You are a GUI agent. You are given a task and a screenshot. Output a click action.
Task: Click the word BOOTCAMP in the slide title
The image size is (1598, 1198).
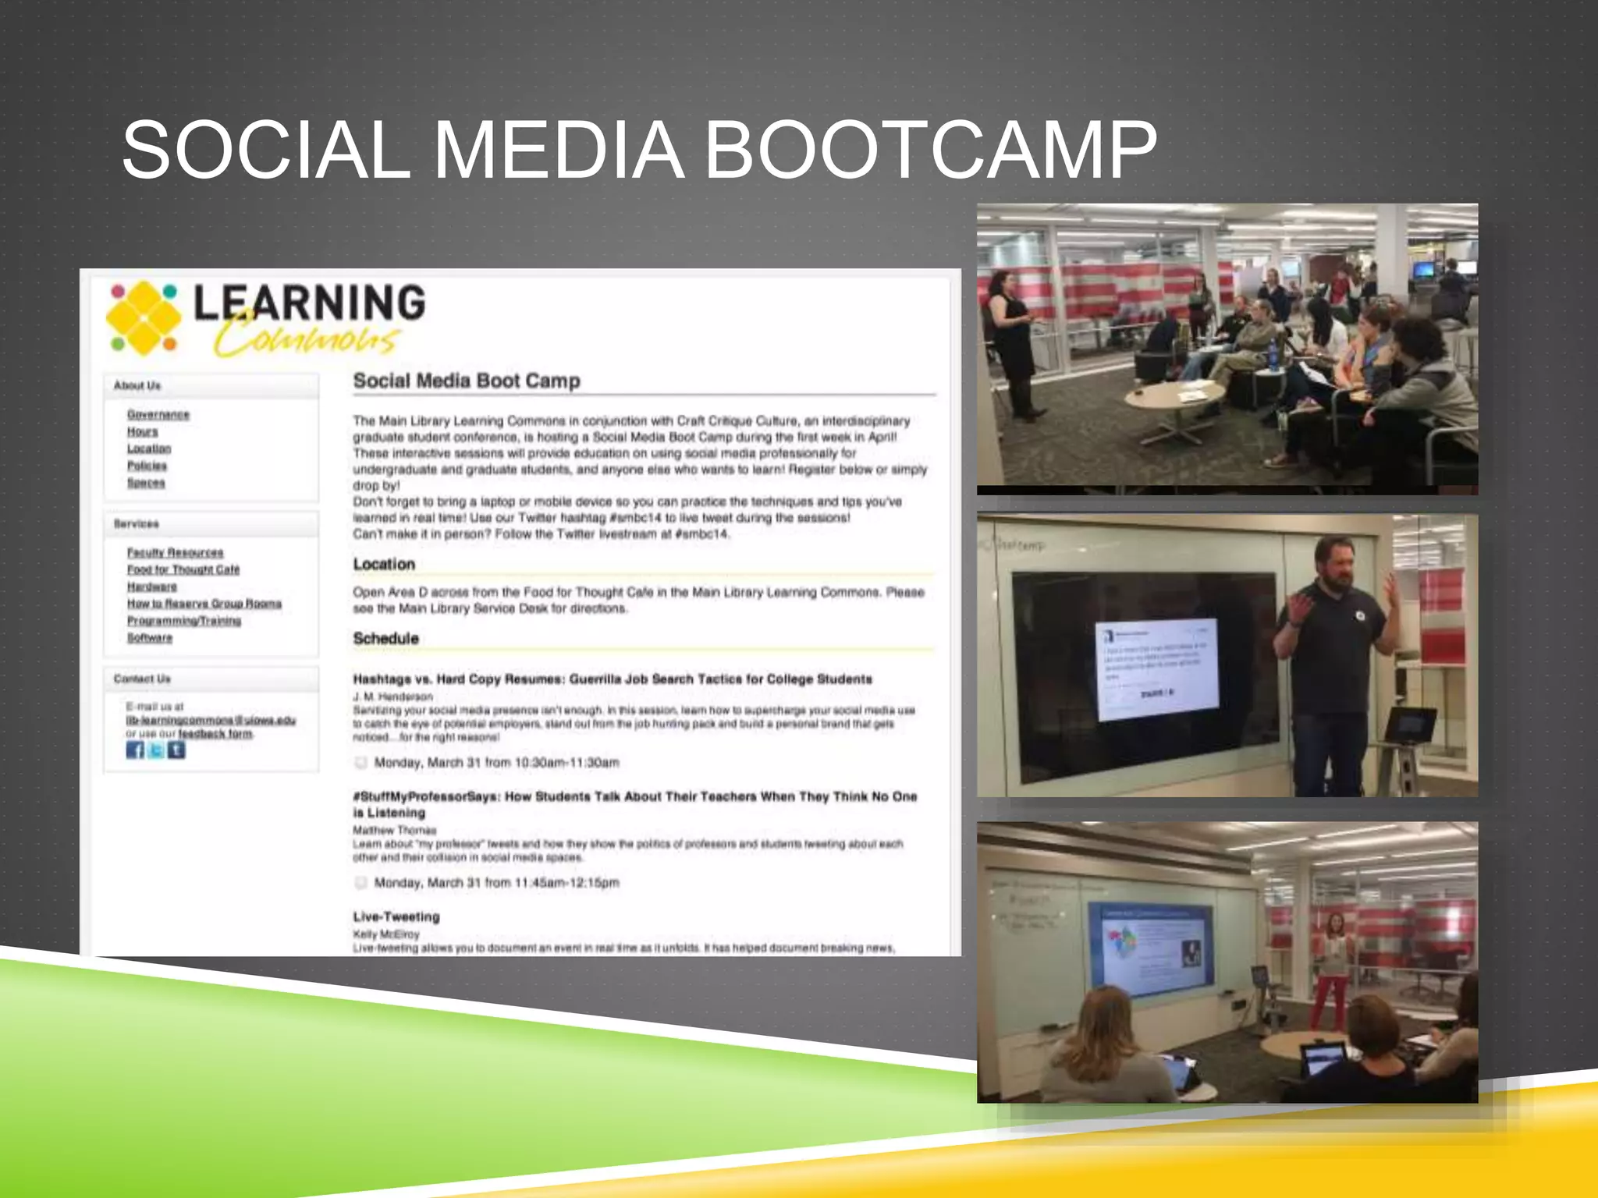tap(930, 150)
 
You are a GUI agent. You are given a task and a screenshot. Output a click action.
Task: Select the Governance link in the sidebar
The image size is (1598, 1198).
tap(158, 414)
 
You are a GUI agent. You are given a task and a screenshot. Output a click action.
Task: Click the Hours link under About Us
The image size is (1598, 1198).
tap(143, 431)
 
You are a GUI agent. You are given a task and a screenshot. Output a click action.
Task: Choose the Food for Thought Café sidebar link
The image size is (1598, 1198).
tap(183, 569)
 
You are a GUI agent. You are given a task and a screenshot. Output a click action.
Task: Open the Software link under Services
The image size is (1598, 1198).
tap(150, 637)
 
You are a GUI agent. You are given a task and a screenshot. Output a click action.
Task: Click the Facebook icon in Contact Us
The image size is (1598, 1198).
tap(135, 750)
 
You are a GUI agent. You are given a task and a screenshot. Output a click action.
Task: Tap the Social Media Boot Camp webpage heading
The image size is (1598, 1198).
tap(467, 381)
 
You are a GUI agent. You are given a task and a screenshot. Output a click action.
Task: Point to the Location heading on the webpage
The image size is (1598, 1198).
tap(384, 564)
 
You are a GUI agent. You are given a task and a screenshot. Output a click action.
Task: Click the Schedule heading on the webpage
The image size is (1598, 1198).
tap(385, 638)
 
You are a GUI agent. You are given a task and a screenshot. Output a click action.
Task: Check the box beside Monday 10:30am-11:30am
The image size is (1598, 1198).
tap(360, 762)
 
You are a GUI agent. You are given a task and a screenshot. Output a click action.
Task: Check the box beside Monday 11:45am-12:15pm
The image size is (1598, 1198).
tap(360, 882)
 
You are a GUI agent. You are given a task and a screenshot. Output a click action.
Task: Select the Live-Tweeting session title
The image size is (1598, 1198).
tap(396, 916)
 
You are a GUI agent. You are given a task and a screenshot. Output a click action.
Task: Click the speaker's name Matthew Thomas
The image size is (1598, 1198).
tap(394, 830)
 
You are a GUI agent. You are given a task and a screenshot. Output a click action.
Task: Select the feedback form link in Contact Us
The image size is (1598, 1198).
tap(215, 733)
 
